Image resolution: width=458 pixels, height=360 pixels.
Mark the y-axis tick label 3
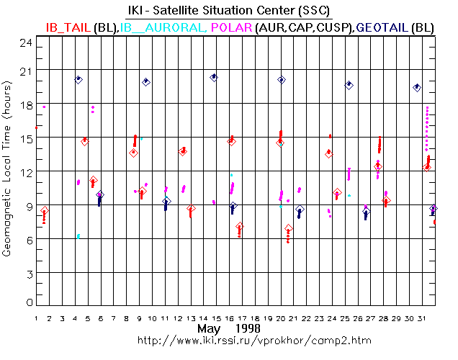coord(28,274)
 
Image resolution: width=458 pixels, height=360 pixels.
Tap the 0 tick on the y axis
coord(28,302)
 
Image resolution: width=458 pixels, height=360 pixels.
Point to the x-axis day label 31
coord(424,318)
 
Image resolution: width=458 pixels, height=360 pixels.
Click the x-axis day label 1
coord(35,318)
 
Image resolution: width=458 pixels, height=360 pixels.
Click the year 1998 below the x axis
coord(248,329)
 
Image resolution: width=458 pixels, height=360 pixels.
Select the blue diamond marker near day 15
coord(214,77)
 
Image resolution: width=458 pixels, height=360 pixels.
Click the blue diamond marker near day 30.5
coord(417,87)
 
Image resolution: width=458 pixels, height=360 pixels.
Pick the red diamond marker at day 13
coord(191,209)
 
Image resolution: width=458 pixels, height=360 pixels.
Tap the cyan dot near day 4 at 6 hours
coord(78,236)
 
